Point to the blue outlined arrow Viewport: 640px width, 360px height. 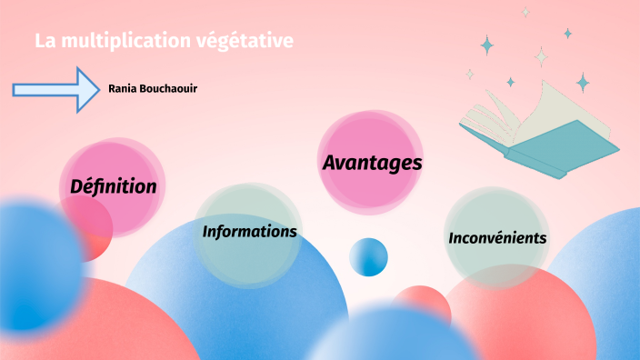pyautogui.click(x=55, y=89)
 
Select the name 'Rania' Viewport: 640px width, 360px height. pyautogui.click(x=124, y=89)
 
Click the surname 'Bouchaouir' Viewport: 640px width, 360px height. pyautogui.click(x=169, y=89)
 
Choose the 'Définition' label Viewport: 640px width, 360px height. pyautogui.click(x=114, y=186)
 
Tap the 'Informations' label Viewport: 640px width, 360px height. pyautogui.click(x=249, y=232)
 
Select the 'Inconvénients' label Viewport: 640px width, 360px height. pyautogui.click(x=497, y=238)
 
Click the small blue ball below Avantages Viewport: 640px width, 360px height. pyautogui.click(x=368, y=256)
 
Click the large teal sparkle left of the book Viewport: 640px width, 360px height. pyautogui.click(x=487, y=45)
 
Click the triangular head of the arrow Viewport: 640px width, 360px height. pyautogui.click(x=89, y=89)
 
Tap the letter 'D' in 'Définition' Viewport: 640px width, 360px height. pyautogui.click(x=76, y=186)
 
